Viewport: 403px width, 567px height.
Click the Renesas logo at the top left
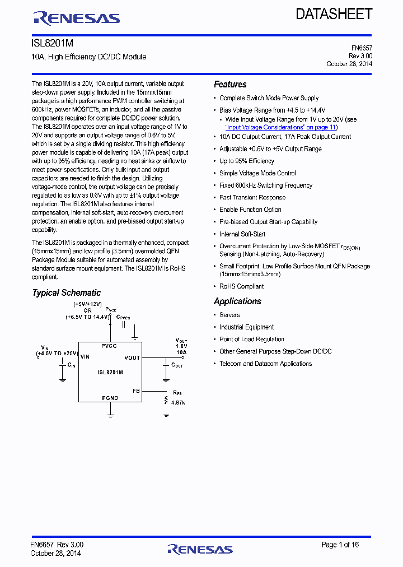pos(76,18)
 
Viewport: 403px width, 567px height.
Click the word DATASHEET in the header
pos(334,14)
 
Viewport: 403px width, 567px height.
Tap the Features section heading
pos(230,85)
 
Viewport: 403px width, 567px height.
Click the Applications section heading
pos(237,301)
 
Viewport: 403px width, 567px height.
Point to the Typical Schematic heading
pos(66,293)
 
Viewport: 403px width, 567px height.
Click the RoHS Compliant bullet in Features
pos(241,286)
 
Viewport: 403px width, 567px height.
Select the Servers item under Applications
pos(229,315)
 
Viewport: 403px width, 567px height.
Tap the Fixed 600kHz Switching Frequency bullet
pos(266,185)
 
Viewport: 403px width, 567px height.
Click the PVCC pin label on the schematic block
pos(109,346)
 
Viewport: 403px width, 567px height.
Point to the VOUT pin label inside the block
pos(132,357)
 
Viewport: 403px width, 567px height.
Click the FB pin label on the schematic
pos(136,391)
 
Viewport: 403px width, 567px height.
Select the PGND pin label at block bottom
pos(110,398)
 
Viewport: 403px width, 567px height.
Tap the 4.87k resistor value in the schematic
pos(178,402)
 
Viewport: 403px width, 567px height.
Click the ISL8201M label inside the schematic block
pos(110,373)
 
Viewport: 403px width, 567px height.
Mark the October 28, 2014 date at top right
pos(349,64)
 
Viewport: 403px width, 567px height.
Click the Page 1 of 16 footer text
pos(340,545)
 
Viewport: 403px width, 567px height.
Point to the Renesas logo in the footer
pos(200,549)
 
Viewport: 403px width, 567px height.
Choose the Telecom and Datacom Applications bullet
pos(265,364)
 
